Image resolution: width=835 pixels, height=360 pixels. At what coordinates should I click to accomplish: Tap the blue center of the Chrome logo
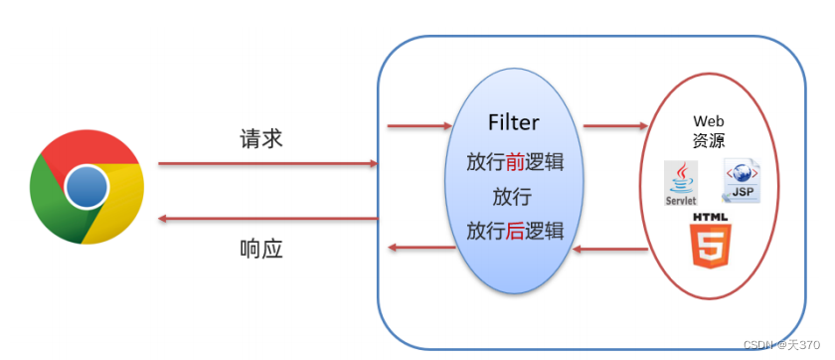point(87,186)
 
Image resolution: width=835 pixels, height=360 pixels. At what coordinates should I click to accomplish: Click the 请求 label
point(261,138)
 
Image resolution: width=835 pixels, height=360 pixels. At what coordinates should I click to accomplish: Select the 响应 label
point(261,248)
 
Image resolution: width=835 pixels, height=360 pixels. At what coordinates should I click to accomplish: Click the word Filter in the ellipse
point(514,123)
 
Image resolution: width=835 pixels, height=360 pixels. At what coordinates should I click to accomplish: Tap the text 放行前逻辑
point(515,161)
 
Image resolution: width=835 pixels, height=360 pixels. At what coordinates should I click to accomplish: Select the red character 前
point(515,161)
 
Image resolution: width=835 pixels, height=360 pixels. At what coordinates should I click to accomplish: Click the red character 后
point(515,232)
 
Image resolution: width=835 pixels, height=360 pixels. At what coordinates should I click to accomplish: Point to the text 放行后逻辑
point(515,232)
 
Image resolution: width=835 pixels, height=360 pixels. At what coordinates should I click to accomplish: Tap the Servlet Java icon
point(681,184)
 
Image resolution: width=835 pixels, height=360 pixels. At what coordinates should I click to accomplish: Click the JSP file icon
point(742,181)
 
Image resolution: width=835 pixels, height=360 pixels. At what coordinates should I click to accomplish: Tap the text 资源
point(709,141)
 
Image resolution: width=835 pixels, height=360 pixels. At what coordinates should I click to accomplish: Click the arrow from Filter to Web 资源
point(614,126)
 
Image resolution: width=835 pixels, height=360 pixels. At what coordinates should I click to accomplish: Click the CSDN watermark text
point(786,344)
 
